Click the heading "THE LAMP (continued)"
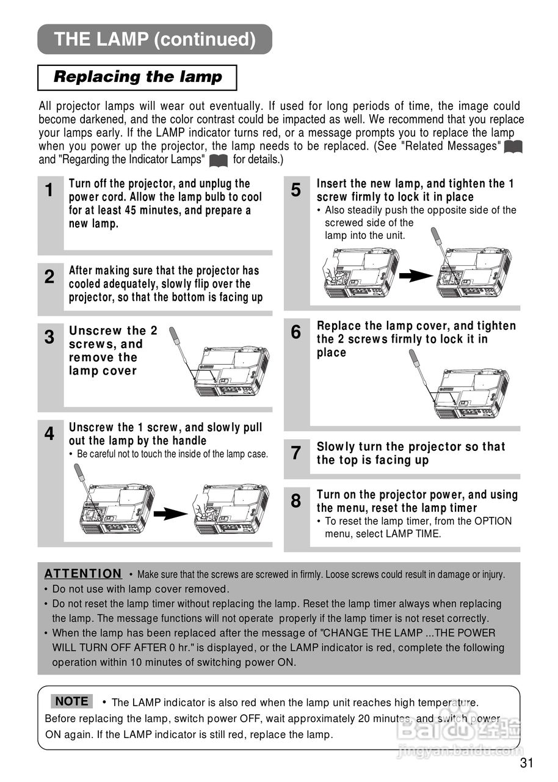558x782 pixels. click(x=154, y=40)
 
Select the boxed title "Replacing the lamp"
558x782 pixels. click(x=137, y=77)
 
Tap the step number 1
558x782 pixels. click(x=50, y=191)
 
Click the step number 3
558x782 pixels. click(x=50, y=337)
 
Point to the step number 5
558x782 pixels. click(x=296, y=191)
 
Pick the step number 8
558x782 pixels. click(x=296, y=502)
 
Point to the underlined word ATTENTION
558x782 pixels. click(x=83, y=574)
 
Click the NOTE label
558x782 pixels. click(x=72, y=701)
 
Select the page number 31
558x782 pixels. click(x=527, y=763)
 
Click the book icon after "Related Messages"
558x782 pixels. click(x=514, y=147)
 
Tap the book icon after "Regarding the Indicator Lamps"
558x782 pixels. click(x=218, y=161)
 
